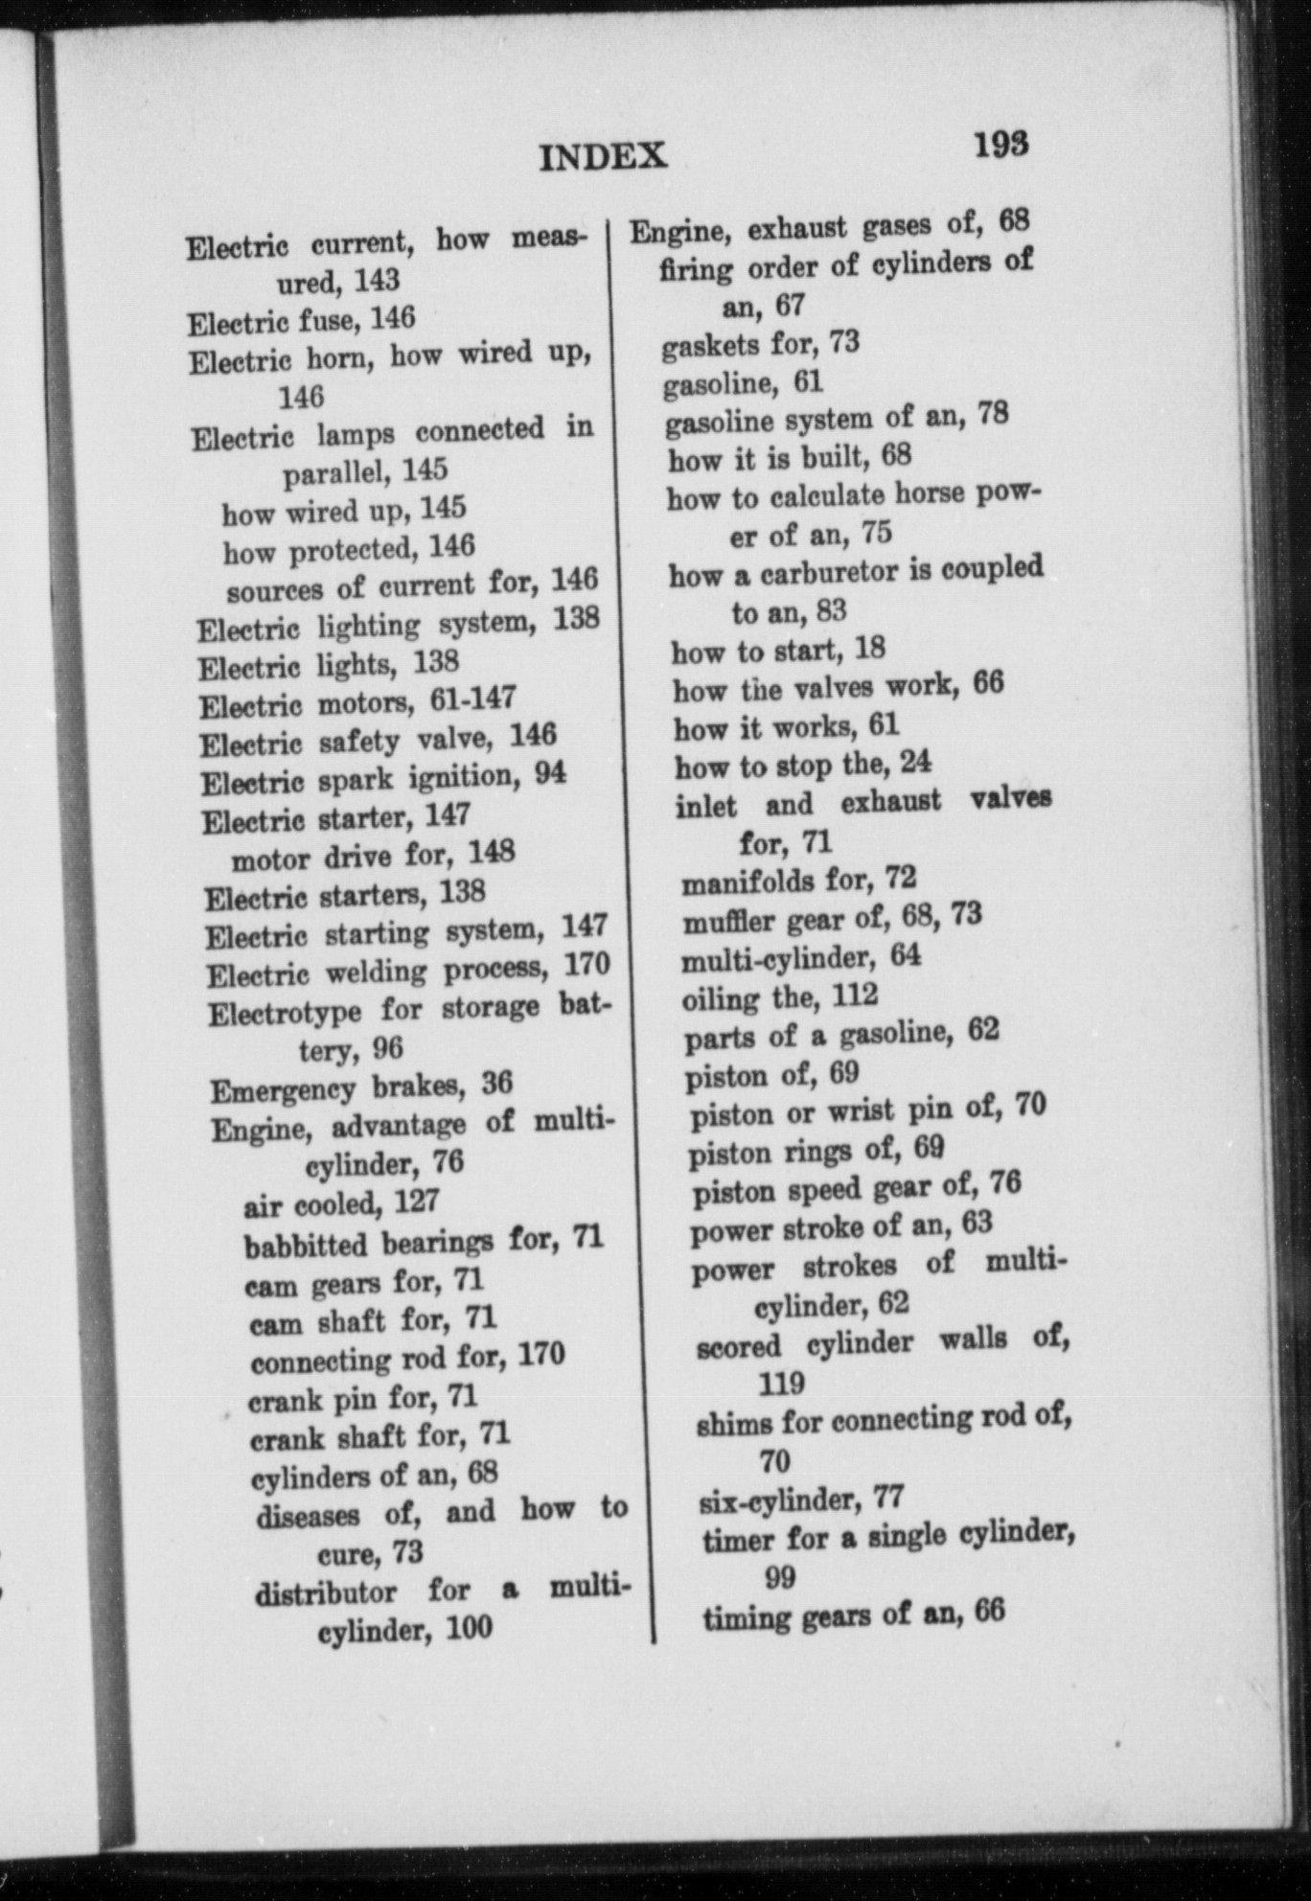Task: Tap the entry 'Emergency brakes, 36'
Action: tap(361, 1088)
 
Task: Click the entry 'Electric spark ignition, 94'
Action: tap(383, 779)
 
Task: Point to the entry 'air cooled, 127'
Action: tap(341, 1203)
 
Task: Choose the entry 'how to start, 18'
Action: tap(777, 651)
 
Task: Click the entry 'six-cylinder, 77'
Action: tap(801, 1498)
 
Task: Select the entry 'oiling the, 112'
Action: tap(779, 997)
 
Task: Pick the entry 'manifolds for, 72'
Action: tap(798, 880)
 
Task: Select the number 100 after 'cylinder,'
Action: tap(469, 1628)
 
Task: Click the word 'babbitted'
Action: tap(305, 1245)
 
